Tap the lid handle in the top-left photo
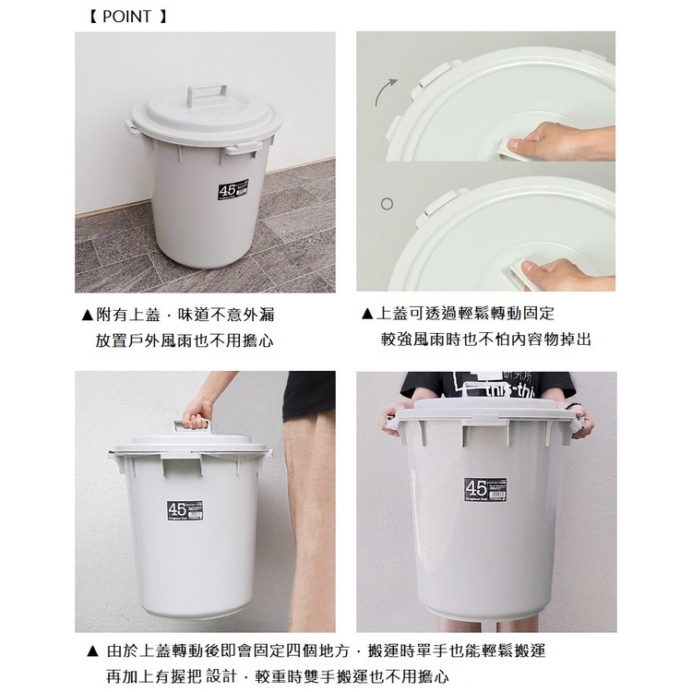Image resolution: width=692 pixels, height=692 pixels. point(206,96)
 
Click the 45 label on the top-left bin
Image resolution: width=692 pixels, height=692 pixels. point(229,190)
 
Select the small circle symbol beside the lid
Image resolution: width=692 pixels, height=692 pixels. point(387,203)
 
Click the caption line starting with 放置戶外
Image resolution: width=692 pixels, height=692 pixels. point(185,340)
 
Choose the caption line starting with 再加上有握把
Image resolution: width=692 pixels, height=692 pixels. point(277,677)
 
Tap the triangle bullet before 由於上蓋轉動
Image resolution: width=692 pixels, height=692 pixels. point(91,651)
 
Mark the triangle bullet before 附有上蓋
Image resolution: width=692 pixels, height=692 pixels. point(87,315)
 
